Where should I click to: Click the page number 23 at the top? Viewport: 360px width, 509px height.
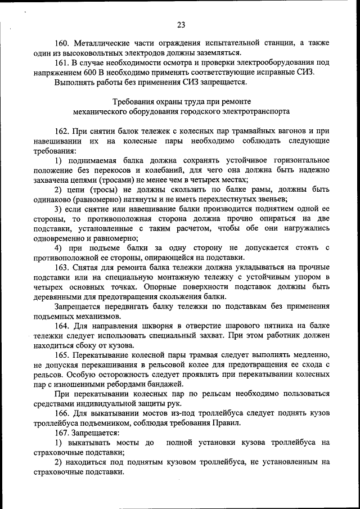pyautogui.click(x=181, y=24)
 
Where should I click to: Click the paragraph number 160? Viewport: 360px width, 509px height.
pyautogui.click(x=63, y=43)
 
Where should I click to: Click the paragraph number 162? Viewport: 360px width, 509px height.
pyautogui.click(x=63, y=131)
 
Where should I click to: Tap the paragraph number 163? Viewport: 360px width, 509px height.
pyautogui.click(x=63, y=267)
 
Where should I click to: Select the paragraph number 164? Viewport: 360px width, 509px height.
pyautogui.click(x=63, y=326)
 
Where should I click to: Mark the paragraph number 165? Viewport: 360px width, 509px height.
pyautogui.click(x=63, y=355)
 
